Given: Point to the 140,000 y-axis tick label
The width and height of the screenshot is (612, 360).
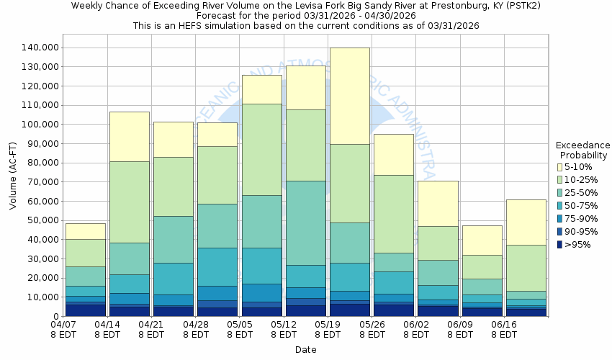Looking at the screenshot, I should [x=41, y=48].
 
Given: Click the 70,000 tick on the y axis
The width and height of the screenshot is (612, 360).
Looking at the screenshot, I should [x=44, y=182].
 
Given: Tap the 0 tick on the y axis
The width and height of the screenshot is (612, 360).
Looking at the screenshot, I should [x=55, y=317].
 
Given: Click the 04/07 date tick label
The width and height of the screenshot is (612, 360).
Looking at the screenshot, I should [x=63, y=329].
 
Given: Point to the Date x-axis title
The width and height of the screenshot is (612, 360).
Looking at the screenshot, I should [x=305, y=350].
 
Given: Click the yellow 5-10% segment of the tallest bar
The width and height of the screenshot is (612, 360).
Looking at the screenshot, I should [x=349, y=96].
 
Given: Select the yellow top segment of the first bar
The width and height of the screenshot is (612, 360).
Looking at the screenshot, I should [x=85, y=231].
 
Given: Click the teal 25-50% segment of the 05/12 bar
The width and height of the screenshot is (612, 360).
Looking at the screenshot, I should [x=305, y=222].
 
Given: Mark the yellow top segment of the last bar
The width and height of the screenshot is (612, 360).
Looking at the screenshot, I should [x=526, y=222].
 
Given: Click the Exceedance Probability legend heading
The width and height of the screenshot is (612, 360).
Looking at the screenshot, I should [x=582, y=150].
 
